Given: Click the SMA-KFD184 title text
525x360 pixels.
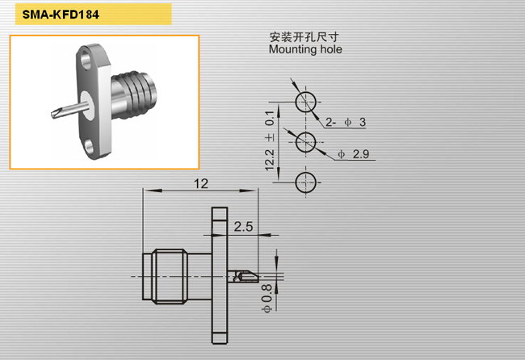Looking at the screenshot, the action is (61, 15).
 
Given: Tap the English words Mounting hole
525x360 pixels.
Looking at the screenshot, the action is (305, 49).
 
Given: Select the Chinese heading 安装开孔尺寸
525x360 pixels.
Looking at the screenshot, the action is (304, 37).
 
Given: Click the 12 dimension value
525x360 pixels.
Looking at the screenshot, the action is (201, 184).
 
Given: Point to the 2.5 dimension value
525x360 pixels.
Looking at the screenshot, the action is (243, 227).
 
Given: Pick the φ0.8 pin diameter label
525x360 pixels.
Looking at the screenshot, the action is (267, 299).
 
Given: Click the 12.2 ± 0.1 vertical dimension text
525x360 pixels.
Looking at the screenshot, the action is (270, 141).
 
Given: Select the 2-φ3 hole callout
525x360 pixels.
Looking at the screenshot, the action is (346, 122).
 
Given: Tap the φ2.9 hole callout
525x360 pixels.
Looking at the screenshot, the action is (354, 154).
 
